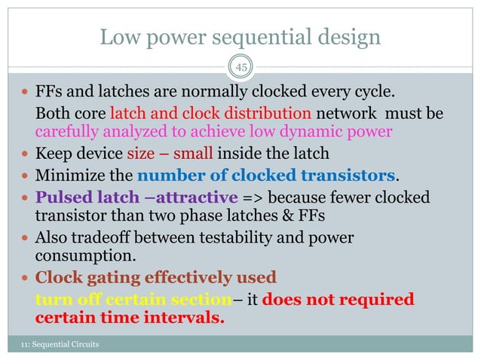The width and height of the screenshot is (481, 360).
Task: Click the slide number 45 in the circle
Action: click(240, 68)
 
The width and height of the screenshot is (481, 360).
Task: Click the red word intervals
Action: click(185, 317)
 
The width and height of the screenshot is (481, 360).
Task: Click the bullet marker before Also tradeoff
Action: click(26, 238)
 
